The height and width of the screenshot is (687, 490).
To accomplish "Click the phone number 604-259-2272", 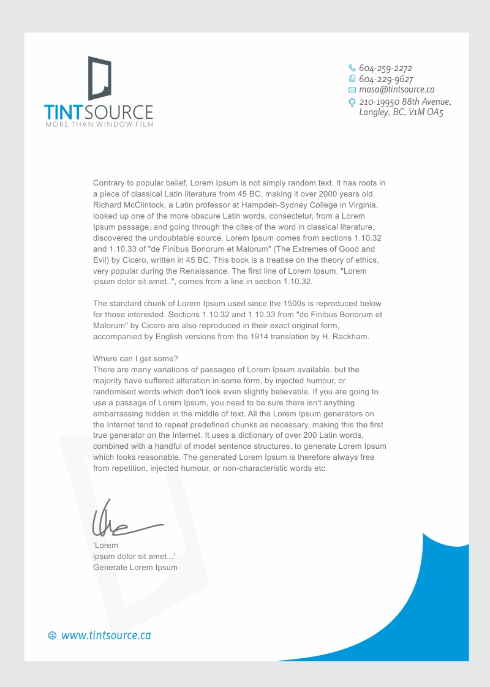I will coord(385,68).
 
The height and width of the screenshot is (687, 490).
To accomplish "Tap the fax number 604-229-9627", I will coord(386,79).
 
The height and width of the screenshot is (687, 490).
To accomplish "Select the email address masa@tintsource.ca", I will coord(396,90).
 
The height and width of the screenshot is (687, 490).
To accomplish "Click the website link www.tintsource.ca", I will coord(106,636).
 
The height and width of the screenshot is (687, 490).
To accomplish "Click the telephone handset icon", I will coord(352,68).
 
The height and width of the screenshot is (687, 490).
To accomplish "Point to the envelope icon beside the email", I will coord(352,90).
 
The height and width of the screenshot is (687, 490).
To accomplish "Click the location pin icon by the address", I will coord(352,102).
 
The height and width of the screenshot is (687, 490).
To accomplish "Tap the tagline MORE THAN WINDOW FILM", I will coord(99,125).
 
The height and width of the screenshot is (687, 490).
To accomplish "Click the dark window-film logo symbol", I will coord(100,78).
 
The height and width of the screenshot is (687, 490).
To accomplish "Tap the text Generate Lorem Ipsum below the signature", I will coord(135,568).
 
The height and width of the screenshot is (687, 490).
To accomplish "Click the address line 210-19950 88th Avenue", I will coord(405,102).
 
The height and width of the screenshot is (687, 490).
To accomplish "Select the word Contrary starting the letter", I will coord(108,183).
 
